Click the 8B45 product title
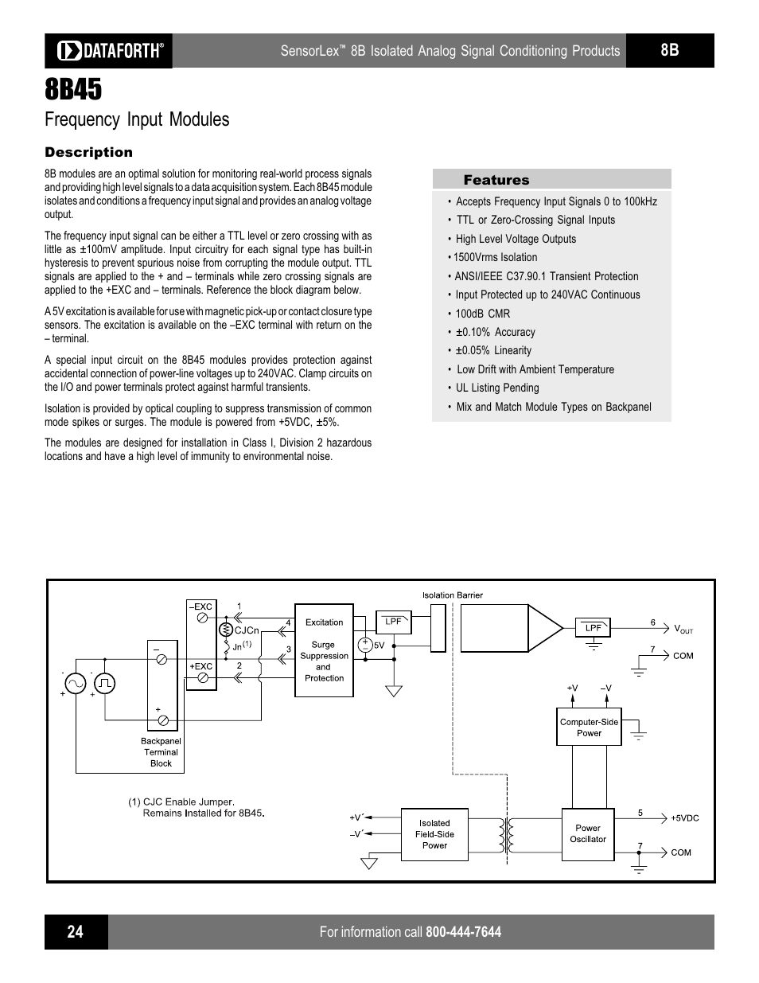(73, 89)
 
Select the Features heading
(496, 180)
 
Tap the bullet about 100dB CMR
(482, 314)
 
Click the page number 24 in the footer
(75, 931)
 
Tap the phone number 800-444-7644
(463, 932)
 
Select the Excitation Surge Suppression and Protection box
(324, 650)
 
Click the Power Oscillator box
(588, 834)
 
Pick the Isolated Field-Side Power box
(434, 834)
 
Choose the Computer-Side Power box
(589, 727)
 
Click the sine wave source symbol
(76, 683)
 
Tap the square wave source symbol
(104, 683)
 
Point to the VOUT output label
(683, 629)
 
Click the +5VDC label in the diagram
(684, 818)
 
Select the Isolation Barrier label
(452, 595)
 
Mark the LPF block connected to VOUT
(593, 627)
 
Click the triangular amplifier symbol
(546, 628)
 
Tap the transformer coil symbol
(506, 836)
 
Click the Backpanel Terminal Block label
(161, 752)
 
